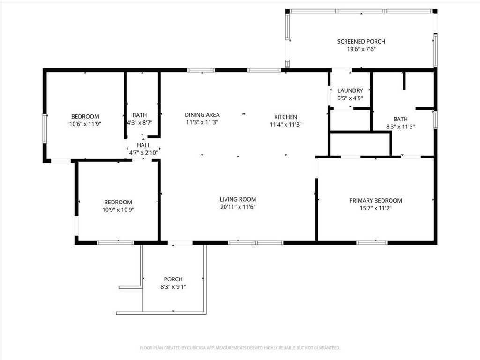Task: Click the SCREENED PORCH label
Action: tap(361, 42)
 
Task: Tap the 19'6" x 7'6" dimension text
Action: tap(361, 49)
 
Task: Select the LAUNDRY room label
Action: tap(350, 90)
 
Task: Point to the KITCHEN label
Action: tap(285, 117)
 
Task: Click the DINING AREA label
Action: tap(202, 115)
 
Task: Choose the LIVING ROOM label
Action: tap(238, 199)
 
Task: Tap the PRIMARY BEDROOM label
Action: tap(375, 201)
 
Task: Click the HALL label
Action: tap(143, 145)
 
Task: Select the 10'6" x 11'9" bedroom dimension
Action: tap(85, 124)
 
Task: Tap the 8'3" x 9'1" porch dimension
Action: tap(173, 287)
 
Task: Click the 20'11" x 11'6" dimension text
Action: tap(238, 207)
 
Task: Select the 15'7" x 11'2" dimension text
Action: tap(375, 208)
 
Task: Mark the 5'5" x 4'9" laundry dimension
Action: tap(350, 98)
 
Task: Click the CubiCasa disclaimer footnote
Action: tap(240, 348)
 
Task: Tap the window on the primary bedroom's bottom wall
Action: tap(372, 243)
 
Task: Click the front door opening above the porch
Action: tap(180, 243)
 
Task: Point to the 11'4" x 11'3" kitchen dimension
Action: tap(285, 125)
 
